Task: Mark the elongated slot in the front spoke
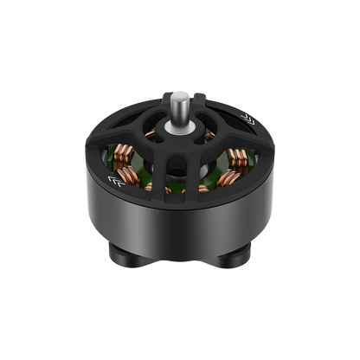[181, 173]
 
